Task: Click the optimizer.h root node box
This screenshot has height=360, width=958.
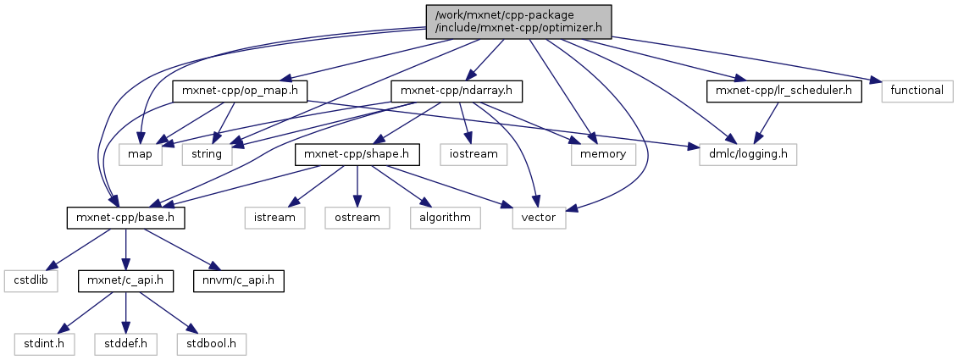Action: [x=518, y=20]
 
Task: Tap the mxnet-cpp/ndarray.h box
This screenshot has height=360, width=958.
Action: [x=457, y=91]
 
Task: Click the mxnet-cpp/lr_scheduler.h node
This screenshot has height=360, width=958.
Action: [x=784, y=91]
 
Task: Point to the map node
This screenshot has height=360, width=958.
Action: [x=140, y=154]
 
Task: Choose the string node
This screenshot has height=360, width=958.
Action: [x=207, y=154]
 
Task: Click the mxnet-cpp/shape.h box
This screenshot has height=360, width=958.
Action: [x=357, y=154]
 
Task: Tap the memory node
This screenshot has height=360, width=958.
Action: [x=603, y=154]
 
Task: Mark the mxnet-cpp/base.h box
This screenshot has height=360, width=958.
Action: [x=125, y=218]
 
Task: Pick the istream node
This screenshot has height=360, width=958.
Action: [x=274, y=218]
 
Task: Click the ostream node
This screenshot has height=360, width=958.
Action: [x=357, y=218]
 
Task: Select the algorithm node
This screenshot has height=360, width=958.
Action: [x=445, y=218]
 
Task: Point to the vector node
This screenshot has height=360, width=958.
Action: [x=540, y=218]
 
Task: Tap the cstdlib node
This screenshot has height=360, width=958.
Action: [x=30, y=279]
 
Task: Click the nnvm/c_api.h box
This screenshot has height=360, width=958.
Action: [x=237, y=279]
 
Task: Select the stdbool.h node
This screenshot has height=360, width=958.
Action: [x=212, y=343]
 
